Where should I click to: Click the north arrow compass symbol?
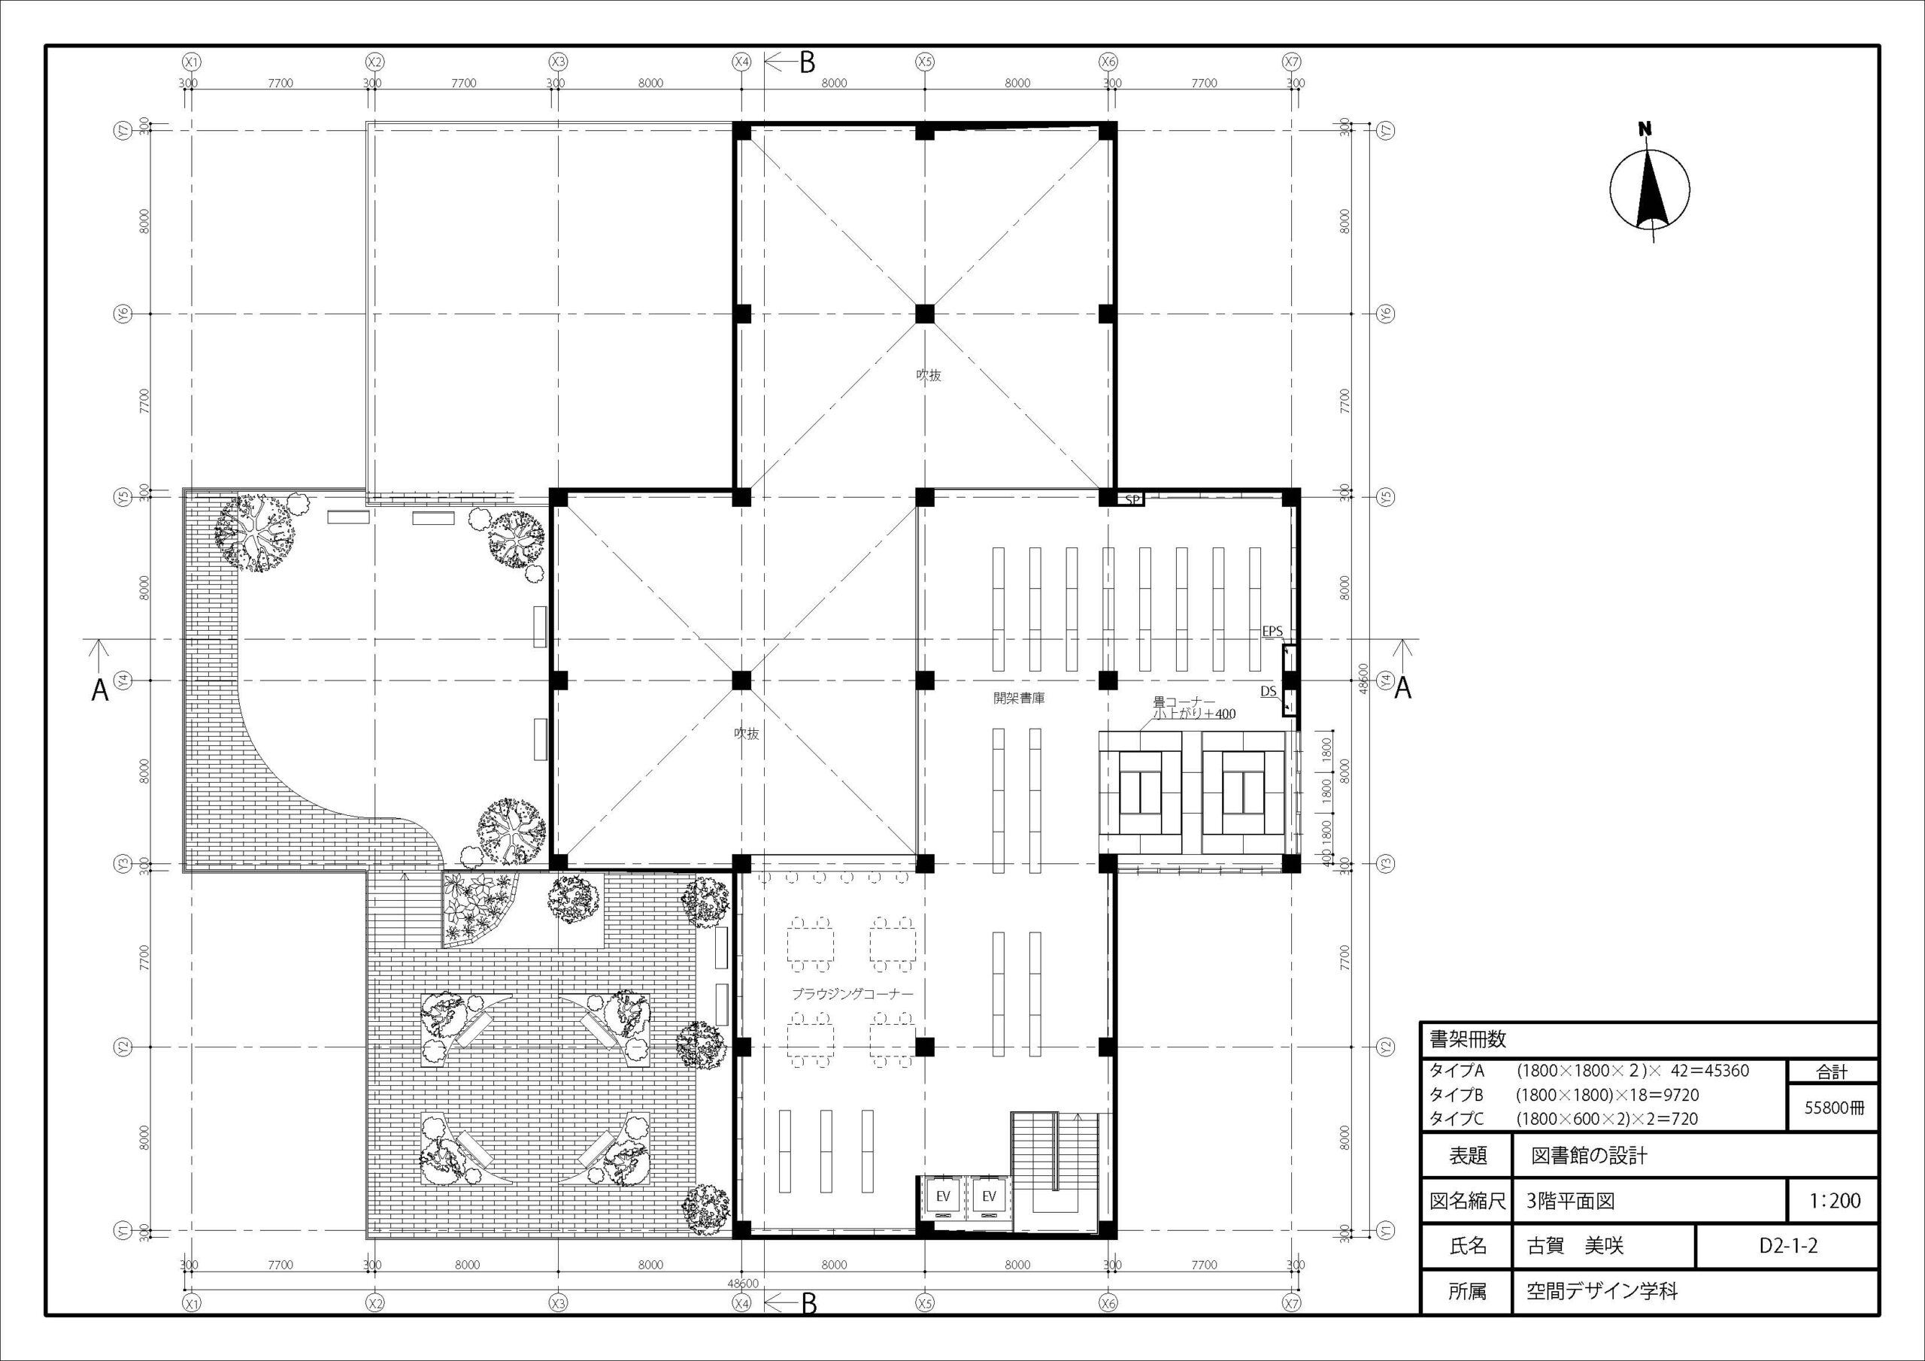click(1649, 189)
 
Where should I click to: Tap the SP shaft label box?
click(1132, 500)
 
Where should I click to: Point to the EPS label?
click(1272, 631)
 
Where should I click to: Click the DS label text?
click(1269, 691)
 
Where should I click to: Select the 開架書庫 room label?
click(1019, 698)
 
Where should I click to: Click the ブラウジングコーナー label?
click(853, 994)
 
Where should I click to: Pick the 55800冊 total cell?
click(1833, 1107)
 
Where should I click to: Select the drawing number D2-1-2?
click(1787, 1246)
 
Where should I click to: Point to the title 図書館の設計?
click(1589, 1156)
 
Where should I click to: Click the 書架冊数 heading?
click(1468, 1040)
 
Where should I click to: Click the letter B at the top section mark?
click(807, 62)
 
